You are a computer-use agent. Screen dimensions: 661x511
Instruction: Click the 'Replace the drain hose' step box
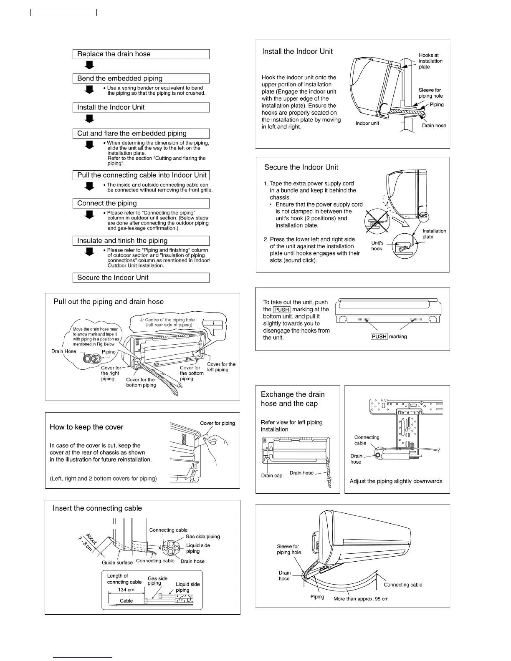141,54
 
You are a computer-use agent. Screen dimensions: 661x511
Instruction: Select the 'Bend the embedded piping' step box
141,78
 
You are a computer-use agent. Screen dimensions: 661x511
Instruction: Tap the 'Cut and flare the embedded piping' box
141,134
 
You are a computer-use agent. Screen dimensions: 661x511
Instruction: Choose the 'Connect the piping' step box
141,203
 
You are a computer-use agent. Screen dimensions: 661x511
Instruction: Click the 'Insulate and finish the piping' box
141,241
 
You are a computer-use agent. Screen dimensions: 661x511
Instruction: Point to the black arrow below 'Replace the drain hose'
89,65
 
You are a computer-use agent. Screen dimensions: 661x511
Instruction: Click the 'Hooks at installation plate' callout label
430,61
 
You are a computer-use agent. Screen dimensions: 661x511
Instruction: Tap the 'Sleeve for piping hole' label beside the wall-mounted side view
430,93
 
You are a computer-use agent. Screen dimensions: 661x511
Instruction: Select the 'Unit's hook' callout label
377,246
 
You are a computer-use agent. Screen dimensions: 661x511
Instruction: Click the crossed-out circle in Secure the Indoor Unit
377,221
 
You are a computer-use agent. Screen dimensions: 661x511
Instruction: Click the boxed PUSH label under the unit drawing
379,337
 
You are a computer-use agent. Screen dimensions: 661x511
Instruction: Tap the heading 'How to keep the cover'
86,427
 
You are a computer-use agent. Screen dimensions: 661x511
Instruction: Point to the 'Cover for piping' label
217,423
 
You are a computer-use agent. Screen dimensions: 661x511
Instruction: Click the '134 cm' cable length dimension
126,590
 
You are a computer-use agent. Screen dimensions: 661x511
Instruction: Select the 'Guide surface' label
117,563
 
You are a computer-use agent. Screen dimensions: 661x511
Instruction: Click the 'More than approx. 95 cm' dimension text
361,599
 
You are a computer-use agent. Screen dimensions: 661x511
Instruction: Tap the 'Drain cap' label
272,476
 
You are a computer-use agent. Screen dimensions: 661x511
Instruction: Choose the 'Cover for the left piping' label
221,367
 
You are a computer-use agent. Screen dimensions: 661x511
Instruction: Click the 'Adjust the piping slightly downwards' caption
396,481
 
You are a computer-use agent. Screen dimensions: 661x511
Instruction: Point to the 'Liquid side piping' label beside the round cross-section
198,548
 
